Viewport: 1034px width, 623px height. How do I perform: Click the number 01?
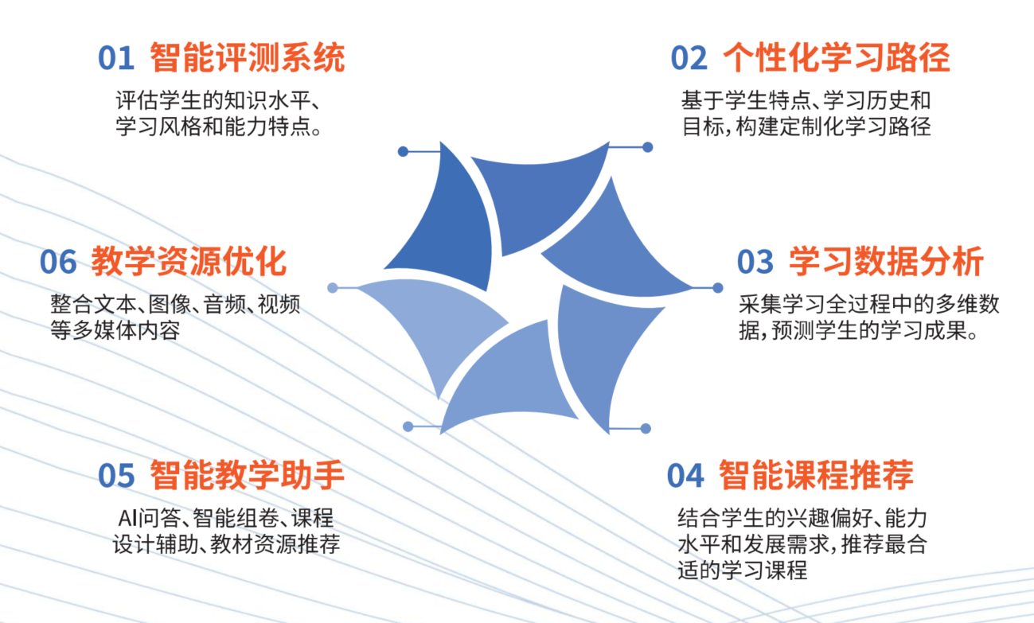tap(116, 58)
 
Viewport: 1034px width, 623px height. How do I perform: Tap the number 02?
tap(689, 58)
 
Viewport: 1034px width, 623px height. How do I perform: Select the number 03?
tap(755, 262)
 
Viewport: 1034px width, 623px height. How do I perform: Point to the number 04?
tap(685, 475)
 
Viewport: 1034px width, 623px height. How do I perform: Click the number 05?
tap(116, 475)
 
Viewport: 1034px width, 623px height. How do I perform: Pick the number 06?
tap(58, 262)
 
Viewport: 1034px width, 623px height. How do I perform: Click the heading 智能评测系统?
tap(248, 57)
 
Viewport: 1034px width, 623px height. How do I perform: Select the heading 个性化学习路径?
tap(837, 57)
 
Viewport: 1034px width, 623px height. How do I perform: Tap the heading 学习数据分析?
tap(886, 261)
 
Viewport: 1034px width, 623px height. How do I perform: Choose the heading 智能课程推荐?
tap(816, 475)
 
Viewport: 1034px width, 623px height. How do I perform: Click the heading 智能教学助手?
tap(247, 475)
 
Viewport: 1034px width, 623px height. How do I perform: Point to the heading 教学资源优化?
tap(189, 261)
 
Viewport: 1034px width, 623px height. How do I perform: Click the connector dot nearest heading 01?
tap(403, 151)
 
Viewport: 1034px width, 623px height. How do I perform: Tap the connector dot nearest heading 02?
tap(648, 147)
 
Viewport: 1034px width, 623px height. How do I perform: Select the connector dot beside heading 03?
tap(718, 288)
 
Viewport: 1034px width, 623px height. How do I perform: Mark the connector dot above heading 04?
tap(646, 429)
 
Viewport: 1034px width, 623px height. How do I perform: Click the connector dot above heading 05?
tap(408, 426)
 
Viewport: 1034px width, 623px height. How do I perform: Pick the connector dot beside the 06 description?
tap(333, 288)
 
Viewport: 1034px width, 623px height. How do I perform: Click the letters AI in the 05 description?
tap(128, 518)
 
